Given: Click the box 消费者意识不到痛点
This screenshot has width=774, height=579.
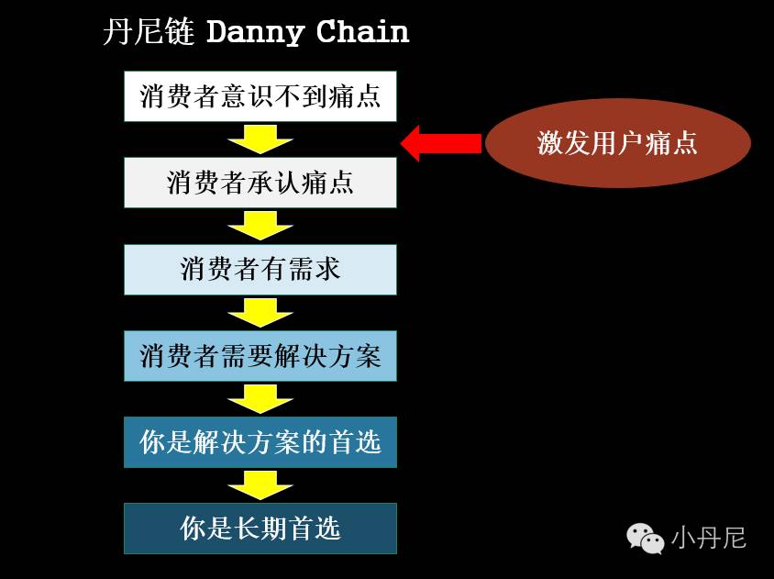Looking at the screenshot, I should pos(260,96).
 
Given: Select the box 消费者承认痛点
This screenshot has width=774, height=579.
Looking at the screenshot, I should pos(260,182).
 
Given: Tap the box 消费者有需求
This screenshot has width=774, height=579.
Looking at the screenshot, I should pos(260,269).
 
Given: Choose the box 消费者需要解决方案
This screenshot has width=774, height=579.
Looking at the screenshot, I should pos(260,355).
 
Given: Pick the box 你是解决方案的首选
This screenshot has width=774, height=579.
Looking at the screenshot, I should pos(260,442).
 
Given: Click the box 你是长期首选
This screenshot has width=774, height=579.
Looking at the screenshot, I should pos(260,529).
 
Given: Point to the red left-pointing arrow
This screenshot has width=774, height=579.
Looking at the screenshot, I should pos(441,143).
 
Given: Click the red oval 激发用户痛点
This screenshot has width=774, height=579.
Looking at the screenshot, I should pos(617,143).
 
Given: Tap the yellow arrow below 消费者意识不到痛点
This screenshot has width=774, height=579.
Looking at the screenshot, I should pos(260,139).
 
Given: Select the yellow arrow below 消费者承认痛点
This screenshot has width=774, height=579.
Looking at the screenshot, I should pos(260,225).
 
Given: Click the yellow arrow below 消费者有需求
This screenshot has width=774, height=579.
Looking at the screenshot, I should pos(260,312).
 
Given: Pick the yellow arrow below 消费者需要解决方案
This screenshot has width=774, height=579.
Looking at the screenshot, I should pos(260,398).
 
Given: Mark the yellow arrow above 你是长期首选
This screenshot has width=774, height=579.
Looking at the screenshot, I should pos(260,485).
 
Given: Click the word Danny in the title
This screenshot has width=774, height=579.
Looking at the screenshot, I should pos(255,33).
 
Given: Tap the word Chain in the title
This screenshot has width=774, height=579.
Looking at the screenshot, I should pos(362,33).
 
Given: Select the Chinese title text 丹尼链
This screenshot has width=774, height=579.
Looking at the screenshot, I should pos(149,33).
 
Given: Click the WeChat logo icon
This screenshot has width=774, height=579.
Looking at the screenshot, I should pos(646,537).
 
